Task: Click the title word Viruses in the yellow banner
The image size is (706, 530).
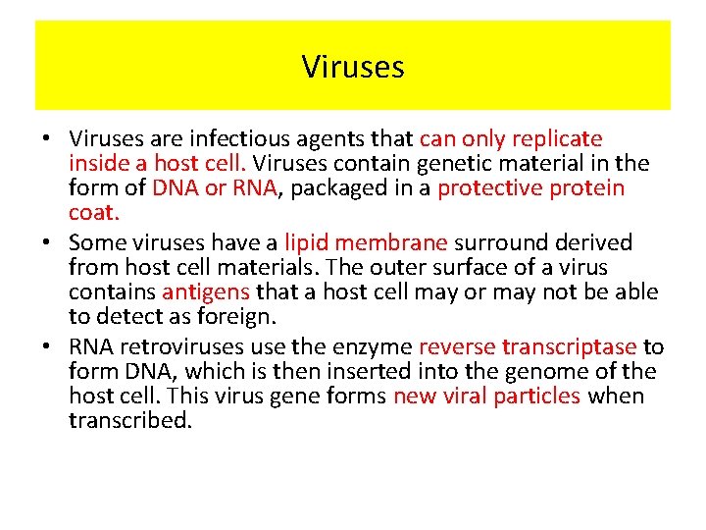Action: [x=353, y=67]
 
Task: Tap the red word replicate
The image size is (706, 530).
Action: [x=555, y=139]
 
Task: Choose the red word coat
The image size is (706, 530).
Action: [x=93, y=213]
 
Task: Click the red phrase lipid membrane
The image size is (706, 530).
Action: [x=365, y=242]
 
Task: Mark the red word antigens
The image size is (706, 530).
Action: [x=206, y=291]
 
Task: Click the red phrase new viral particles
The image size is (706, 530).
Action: [x=486, y=397]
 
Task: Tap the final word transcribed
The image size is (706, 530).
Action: [x=130, y=421]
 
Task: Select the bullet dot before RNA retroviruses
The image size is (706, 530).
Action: [x=48, y=347]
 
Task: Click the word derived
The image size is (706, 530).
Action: [x=596, y=242]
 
